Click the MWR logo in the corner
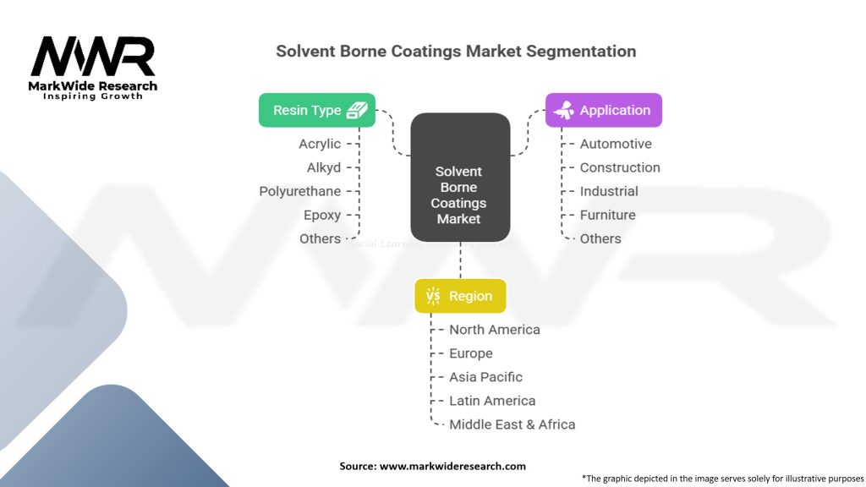tap(93, 57)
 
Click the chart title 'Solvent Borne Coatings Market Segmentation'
tap(456, 51)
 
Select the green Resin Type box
tap(316, 110)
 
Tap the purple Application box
tap(603, 110)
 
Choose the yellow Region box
tap(460, 296)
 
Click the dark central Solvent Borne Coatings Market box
tap(460, 177)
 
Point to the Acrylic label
tap(320, 144)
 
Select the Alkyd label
tap(324, 167)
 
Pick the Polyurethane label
tap(299, 191)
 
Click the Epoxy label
tap(322, 215)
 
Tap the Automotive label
tap(616, 144)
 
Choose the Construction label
tap(620, 167)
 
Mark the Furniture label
tap(607, 215)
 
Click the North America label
tap(494, 330)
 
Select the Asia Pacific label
tap(485, 377)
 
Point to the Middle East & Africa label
tap(512, 424)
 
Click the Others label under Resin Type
tap(320, 238)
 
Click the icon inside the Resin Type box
tap(357, 110)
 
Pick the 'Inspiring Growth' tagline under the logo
tap(93, 96)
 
